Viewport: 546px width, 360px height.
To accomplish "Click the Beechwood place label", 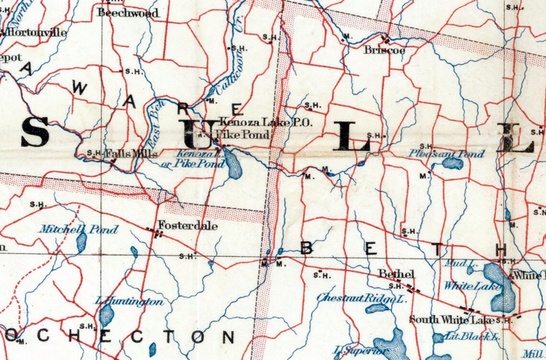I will point(127,13).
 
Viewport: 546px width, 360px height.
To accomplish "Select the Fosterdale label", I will point(187,225).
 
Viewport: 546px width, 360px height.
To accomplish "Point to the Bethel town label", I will point(396,274).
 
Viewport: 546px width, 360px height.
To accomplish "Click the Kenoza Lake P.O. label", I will point(265,123).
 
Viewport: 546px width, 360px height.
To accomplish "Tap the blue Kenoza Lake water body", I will point(233,163).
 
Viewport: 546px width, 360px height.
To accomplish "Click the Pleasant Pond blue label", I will point(446,154).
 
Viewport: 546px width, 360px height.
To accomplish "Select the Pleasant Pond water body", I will point(453,164).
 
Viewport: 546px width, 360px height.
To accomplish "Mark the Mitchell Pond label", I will point(79,229).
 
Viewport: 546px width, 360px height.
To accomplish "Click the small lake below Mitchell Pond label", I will point(81,243).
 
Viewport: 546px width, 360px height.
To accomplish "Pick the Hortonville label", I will point(36,33).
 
